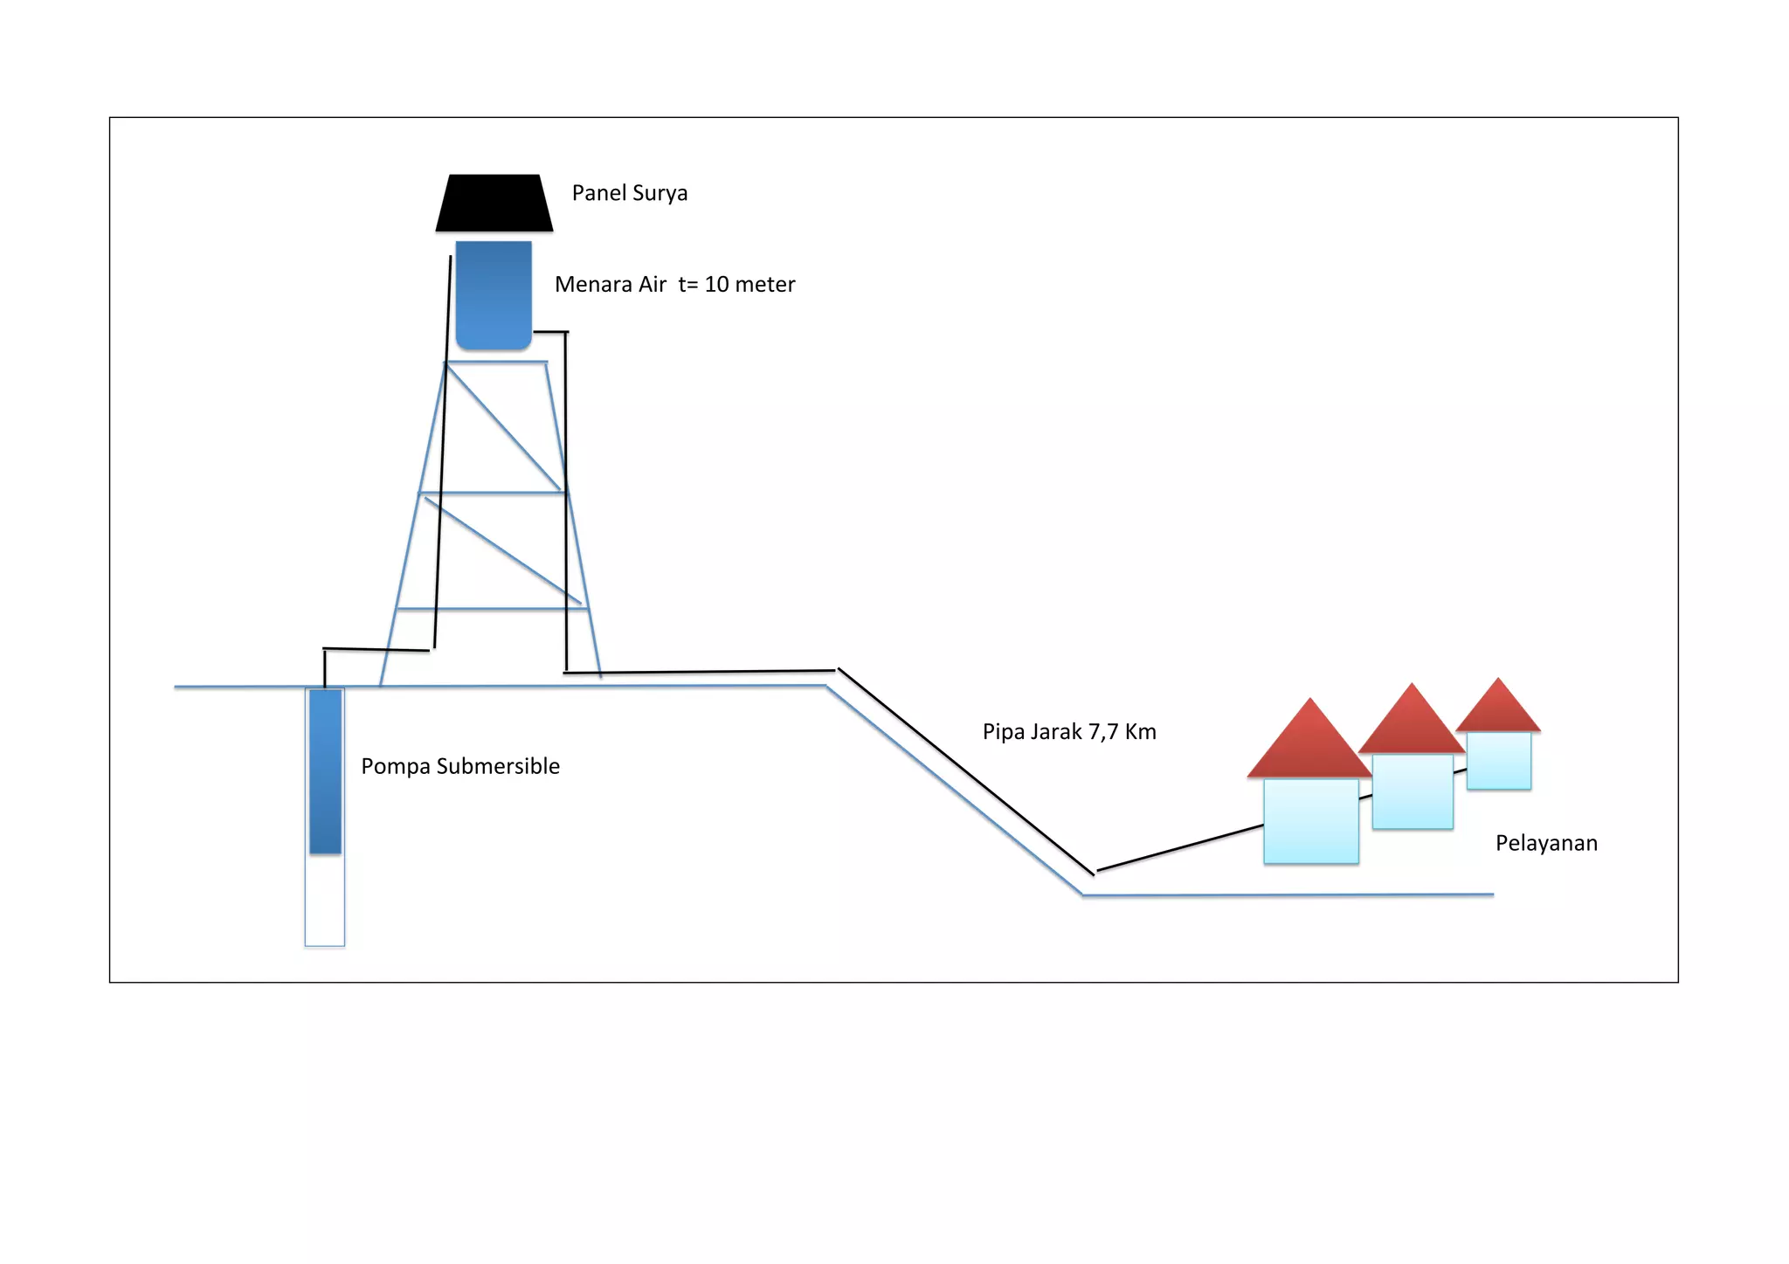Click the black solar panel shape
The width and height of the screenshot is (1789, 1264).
[494, 204]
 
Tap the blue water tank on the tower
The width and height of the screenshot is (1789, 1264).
[494, 295]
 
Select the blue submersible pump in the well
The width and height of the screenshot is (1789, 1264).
[325, 771]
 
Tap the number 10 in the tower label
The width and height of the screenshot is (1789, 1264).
[716, 285]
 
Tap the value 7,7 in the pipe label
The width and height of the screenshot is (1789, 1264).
[1103, 732]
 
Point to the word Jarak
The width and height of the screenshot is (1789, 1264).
[1057, 732]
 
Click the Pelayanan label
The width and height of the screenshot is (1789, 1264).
[1546, 844]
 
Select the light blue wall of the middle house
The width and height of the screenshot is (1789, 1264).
[1413, 791]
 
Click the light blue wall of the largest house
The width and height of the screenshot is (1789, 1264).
[1311, 821]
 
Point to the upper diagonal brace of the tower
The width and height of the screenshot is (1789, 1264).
[504, 428]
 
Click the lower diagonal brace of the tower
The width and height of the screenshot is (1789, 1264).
[503, 551]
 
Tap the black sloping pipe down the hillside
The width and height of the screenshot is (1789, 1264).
[965, 771]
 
